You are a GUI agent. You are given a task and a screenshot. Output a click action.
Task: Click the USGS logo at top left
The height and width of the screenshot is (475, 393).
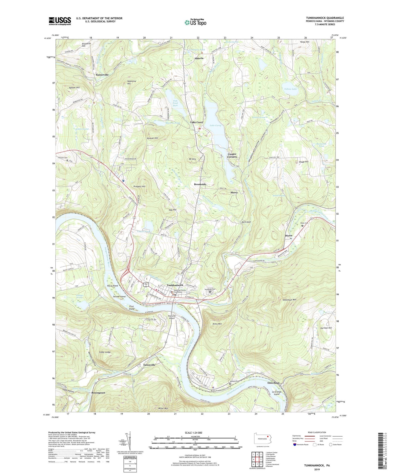pyautogui.click(x=60, y=21)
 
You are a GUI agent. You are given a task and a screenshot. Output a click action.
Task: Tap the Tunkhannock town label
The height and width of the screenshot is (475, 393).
pyautogui.click(x=175, y=285)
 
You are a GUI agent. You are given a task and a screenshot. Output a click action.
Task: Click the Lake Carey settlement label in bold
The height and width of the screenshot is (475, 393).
pyautogui.click(x=197, y=122)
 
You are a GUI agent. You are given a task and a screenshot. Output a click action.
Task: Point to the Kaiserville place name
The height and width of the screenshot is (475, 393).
pyautogui.click(x=102, y=75)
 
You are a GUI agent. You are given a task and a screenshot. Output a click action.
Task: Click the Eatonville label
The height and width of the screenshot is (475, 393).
pyautogui.click(x=149, y=365)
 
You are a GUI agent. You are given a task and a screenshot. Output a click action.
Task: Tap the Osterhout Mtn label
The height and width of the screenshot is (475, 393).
pyautogui.click(x=289, y=300)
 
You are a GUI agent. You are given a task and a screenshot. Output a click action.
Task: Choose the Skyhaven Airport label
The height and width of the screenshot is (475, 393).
pyautogui.click(x=172, y=317)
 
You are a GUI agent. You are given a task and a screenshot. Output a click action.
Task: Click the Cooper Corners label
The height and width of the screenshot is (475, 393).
pyautogui.click(x=232, y=155)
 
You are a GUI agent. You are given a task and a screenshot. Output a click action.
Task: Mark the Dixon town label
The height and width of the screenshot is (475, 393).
pyautogui.click(x=288, y=236)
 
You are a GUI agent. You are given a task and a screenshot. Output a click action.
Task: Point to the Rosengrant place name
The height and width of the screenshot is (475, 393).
pyautogui.click(x=98, y=393)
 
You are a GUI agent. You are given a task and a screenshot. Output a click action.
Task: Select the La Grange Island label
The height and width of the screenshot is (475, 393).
pyautogui.click(x=277, y=393)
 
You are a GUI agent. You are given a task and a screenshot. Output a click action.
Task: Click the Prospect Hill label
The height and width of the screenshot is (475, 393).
pyautogui.click(x=140, y=187)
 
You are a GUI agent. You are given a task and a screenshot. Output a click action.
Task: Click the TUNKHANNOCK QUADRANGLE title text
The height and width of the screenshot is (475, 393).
pyautogui.click(x=325, y=18)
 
